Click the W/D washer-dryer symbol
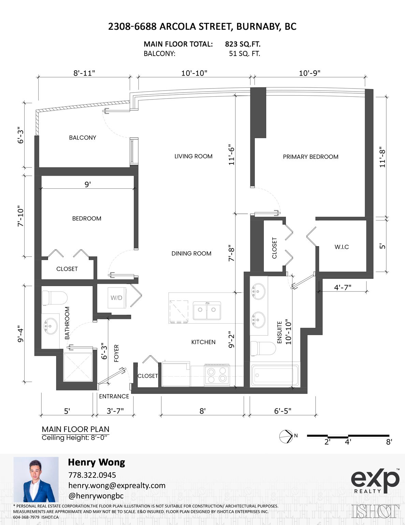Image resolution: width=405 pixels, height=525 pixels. [117, 298]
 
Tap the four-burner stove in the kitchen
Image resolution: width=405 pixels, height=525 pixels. [217, 375]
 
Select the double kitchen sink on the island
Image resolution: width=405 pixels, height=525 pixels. [207, 310]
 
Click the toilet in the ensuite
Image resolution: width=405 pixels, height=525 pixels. [263, 349]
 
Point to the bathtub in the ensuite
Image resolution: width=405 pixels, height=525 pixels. [275, 376]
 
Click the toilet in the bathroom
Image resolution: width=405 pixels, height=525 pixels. [55, 298]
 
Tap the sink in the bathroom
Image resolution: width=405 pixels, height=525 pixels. [50, 326]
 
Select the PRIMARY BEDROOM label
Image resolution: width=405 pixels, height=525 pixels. [310, 157]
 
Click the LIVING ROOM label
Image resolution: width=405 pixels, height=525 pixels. [193, 156]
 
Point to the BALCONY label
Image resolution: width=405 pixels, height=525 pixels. [83, 138]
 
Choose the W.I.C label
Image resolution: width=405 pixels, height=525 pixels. [342, 247]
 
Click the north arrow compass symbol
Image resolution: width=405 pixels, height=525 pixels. [286, 436]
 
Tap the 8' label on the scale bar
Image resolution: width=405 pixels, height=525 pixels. [389, 442]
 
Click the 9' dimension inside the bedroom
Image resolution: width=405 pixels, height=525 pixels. [88, 184]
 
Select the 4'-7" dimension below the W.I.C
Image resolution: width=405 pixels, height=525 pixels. [343, 287]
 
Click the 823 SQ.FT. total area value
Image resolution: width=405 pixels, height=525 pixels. [243, 44]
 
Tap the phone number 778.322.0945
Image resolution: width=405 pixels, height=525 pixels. [92, 475]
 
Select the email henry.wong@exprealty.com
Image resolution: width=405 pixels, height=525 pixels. [117, 485]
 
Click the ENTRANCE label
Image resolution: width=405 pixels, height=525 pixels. [114, 396]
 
